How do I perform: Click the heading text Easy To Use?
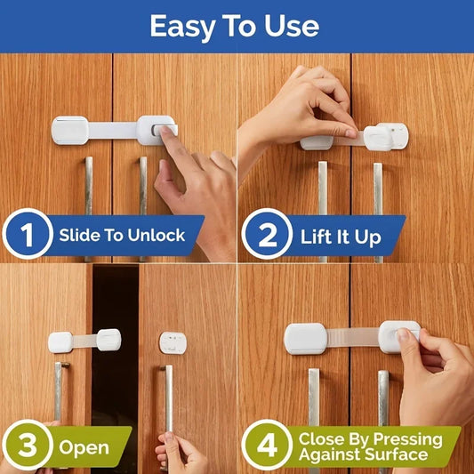[234, 26]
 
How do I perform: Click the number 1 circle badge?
[27, 235]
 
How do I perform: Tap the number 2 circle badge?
[267, 237]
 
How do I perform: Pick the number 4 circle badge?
[267, 445]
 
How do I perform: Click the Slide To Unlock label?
[122, 236]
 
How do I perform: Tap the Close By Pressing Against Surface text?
[370, 446]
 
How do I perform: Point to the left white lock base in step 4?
[304, 338]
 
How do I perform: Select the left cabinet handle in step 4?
[313, 418]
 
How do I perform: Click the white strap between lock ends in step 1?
[112, 130]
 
